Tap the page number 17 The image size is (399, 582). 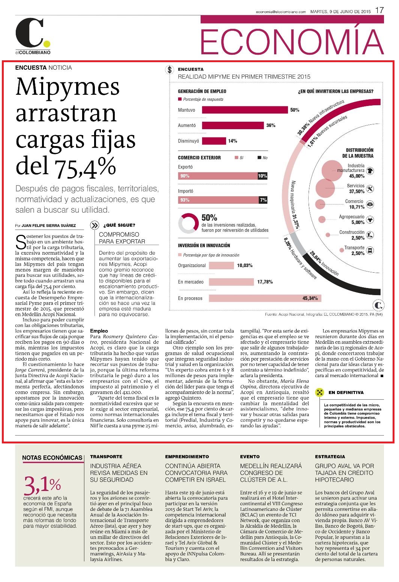pos(379,10)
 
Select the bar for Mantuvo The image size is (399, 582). pos(245,110)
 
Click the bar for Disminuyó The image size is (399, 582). pos(214,141)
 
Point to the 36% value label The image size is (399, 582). pos(271,125)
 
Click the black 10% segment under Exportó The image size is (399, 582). pos(262,176)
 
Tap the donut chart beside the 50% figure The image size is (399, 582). pos(189,223)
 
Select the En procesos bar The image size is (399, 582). pos(265,298)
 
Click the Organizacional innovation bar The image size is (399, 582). pos(221,265)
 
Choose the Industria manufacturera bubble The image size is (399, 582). pos(332,171)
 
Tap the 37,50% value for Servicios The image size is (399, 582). pos(357,191)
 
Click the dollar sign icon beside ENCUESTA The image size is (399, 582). pos(169,70)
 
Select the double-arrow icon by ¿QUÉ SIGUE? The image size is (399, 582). pos(94,225)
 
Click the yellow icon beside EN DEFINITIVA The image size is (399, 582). pos(319,392)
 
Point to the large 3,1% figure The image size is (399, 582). pos(42,485)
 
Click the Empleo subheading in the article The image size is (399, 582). pos(99,331)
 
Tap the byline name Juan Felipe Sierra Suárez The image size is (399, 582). pos(49,225)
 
